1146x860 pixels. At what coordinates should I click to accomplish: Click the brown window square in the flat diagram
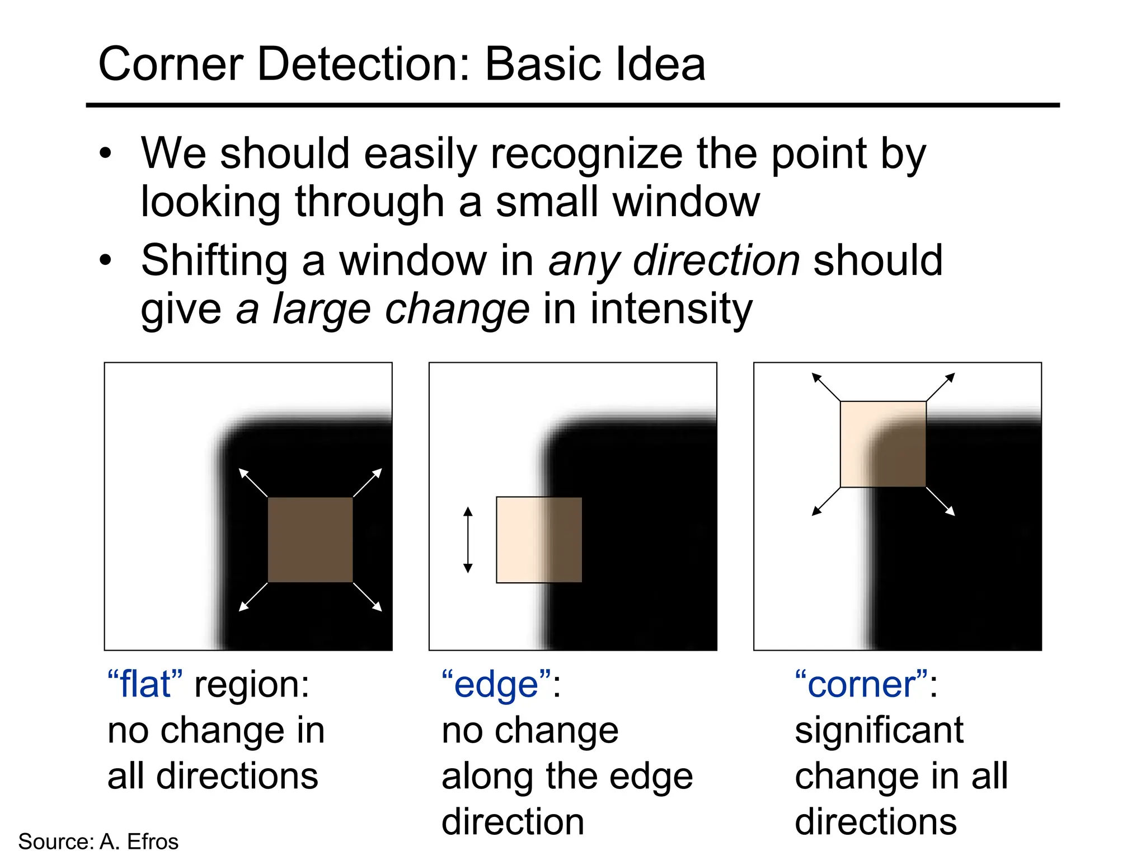coord(310,540)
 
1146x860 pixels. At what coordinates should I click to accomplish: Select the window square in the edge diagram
coord(539,540)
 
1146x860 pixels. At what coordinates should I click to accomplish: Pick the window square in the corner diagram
coord(883,444)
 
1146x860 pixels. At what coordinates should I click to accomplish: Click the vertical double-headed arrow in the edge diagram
coord(468,540)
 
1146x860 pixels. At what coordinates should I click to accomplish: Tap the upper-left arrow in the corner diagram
coord(826,387)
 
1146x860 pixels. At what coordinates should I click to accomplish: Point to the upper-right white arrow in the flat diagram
coord(368,482)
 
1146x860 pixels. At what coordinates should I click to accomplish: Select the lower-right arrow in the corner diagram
coord(941,502)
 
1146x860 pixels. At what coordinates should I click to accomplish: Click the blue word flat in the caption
coord(145,685)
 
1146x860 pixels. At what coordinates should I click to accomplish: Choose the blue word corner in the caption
coord(861,685)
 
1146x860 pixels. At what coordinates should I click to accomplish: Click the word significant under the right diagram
coord(879,731)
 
